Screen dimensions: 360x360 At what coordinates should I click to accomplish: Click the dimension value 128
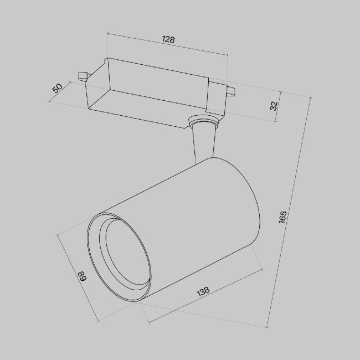(x=168, y=40)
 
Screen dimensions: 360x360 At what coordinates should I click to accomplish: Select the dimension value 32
(x=273, y=105)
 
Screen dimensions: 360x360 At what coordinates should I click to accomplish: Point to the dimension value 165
(x=283, y=216)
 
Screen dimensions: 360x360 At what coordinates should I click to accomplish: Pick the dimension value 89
(x=82, y=276)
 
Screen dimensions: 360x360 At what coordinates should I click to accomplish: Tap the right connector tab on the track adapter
(x=230, y=91)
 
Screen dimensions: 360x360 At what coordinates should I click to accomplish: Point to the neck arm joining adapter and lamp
(x=203, y=142)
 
